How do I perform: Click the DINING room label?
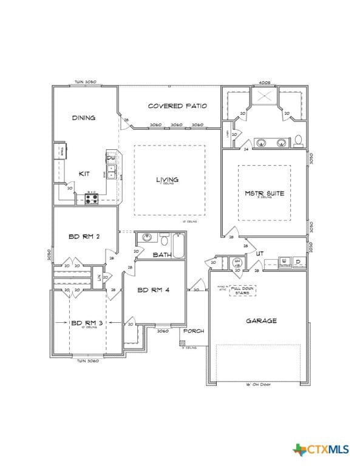coord(83,118)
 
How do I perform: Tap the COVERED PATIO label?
coord(177,106)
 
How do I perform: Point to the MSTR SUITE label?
coord(264,194)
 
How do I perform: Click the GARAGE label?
coord(261,320)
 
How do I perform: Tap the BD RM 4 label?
coord(153,290)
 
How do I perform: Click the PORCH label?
coord(194,331)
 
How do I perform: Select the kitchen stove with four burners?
coord(92,198)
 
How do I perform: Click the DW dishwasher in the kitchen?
coord(111,159)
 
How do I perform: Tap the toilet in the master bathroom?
coord(298,141)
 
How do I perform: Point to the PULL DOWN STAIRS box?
coord(242,291)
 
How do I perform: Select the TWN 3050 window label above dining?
coord(86,82)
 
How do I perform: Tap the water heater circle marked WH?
coord(238,263)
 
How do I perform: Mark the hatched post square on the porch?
coord(182,343)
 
